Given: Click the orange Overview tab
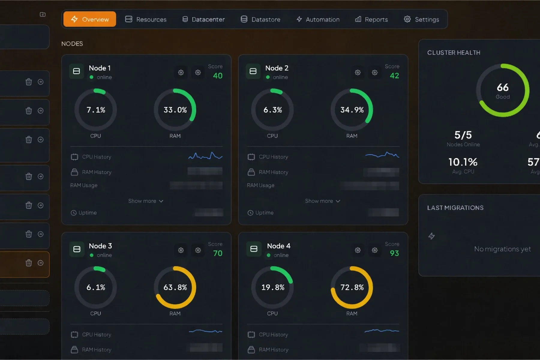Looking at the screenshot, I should (x=90, y=19).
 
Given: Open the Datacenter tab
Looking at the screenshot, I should (x=203, y=19).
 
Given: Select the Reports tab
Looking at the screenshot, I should (x=371, y=19).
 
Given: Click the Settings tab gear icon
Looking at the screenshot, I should (x=407, y=19).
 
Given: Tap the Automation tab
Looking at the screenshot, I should (x=318, y=19).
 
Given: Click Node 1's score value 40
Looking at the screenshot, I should (x=217, y=76).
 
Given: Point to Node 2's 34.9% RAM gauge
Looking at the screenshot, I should (x=352, y=110).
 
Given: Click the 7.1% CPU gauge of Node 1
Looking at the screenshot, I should (x=96, y=110).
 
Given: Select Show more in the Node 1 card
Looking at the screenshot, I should (x=146, y=201).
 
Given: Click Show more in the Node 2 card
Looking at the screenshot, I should (x=322, y=201).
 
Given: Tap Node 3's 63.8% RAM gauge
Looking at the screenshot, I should (x=175, y=287).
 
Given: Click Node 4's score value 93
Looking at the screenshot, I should (x=394, y=253).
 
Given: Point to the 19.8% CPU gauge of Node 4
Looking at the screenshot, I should (x=272, y=287).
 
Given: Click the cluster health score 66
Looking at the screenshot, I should (x=502, y=87).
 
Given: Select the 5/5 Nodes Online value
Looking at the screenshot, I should (x=463, y=135).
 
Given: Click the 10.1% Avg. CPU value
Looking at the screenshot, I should (x=463, y=162).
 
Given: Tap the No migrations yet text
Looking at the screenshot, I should (x=502, y=249).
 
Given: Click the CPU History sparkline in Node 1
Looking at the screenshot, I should (x=205, y=156).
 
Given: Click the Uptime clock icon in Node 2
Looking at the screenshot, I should (x=250, y=213).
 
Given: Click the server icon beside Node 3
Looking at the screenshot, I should (x=77, y=249).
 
